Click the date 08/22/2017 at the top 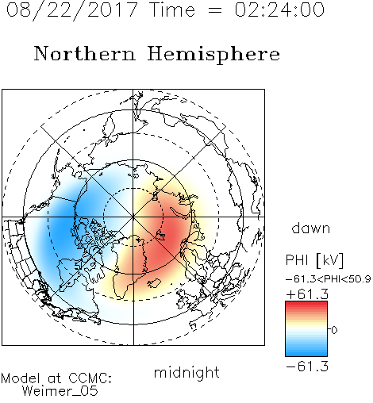tap(72, 10)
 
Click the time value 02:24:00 tap(279, 10)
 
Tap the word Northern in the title tap(85, 53)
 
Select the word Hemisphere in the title tap(213, 54)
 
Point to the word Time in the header tap(172, 10)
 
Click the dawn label tap(311, 228)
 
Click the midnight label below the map tap(186, 373)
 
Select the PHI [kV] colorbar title tap(314, 260)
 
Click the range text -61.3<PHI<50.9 tap(329, 279)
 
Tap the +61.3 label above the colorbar tap(307, 294)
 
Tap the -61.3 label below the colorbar tap(307, 367)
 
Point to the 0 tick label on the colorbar tap(334, 330)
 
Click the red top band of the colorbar tap(306, 305)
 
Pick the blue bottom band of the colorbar tap(306, 352)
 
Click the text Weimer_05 tap(60, 390)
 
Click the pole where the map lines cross tap(133, 217)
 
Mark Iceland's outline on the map tap(154, 283)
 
